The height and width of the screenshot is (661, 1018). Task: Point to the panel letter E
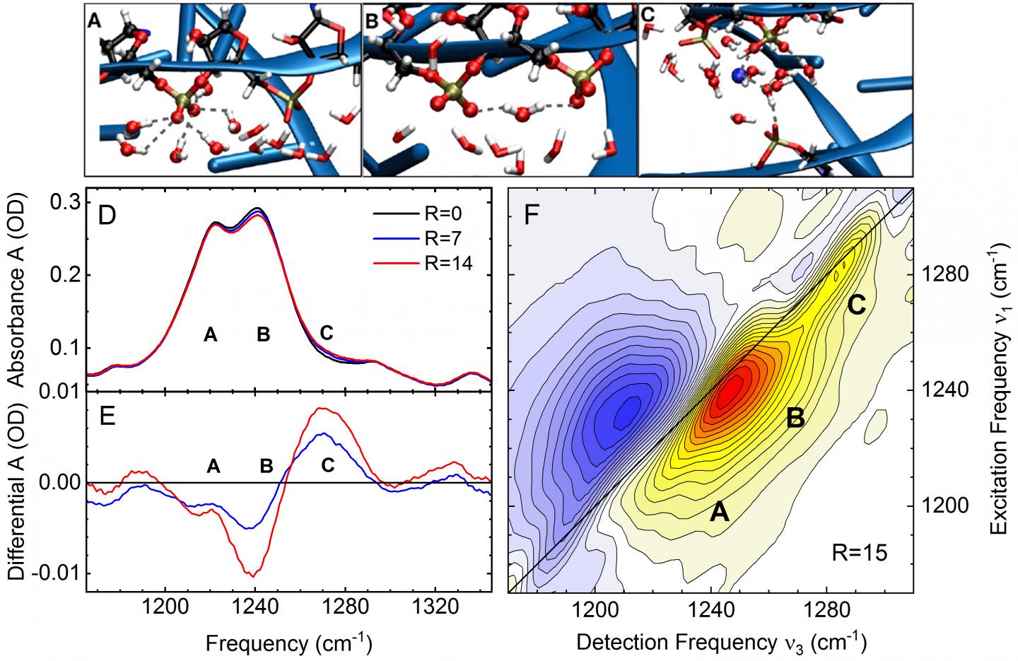coord(108,416)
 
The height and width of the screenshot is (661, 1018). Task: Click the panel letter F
coord(535,215)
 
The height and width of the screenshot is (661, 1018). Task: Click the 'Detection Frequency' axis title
coord(721,642)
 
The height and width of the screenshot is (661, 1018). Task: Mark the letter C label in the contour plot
coord(857,305)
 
